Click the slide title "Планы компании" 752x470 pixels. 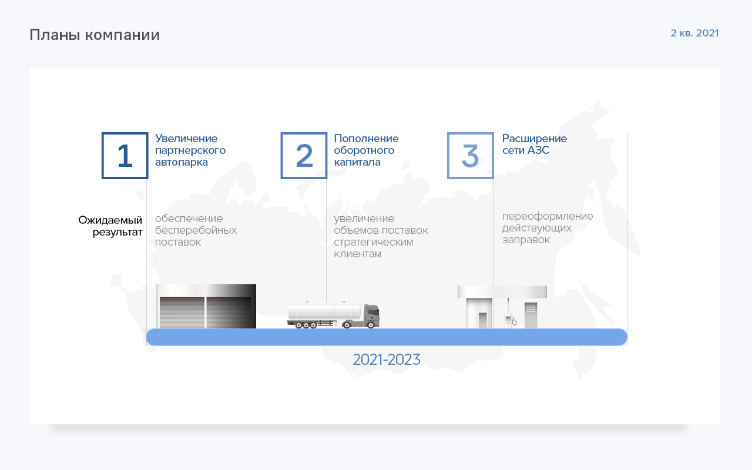pyautogui.click(x=95, y=35)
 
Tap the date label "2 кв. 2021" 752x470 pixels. pyautogui.click(x=694, y=33)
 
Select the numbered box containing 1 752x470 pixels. pyautogui.click(x=125, y=156)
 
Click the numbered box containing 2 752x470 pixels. pyautogui.click(x=304, y=156)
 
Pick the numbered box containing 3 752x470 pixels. pyautogui.click(x=471, y=156)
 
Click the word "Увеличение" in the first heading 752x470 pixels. pyautogui.click(x=186, y=139)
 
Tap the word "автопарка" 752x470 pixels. pyautogui.click(x=182, y=163)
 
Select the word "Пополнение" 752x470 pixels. pyautogui.click(x=366, y=139)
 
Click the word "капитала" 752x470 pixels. pyautogui.click(x=357, y=163)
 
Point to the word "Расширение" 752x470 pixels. pyautogui.click(x=535, y=139)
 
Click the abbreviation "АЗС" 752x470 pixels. pyautogui.click(x=538, y=150)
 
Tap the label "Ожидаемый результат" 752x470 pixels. pyautogui.click(x=110, y=226)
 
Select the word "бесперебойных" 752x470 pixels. pyautogui.click(x=196, y=230)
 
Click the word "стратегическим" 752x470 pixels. pyautogui.click(x=373, y=243)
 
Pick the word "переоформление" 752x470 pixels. pyautogui.click(x=548, y=217)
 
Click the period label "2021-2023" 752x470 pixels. pyautogui.click(x=387, y=360)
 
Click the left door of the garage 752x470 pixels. pyautogui.click(x=182, y=312)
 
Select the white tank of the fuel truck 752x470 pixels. pyautogui.click(x=324, y=311)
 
